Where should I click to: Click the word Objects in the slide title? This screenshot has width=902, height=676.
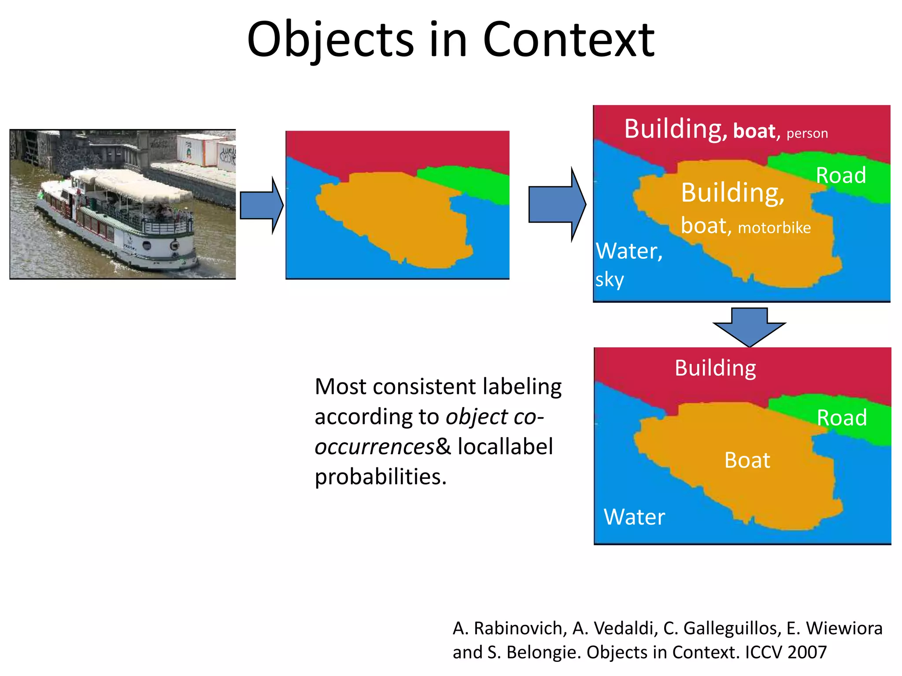330,40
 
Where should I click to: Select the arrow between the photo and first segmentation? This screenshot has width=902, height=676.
262,205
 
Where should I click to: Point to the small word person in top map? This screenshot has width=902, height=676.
807,133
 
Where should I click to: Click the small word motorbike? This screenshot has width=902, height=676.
774,228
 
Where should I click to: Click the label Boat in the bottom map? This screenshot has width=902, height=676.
747,460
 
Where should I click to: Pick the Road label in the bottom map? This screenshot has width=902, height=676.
842,418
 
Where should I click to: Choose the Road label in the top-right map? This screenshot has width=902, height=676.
841,176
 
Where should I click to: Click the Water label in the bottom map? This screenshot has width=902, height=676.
634,517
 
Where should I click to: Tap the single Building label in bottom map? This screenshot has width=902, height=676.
715,368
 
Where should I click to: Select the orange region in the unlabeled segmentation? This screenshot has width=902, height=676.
396,216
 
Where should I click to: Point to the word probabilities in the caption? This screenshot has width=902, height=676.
380,477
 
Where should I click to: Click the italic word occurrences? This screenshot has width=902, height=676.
375,447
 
